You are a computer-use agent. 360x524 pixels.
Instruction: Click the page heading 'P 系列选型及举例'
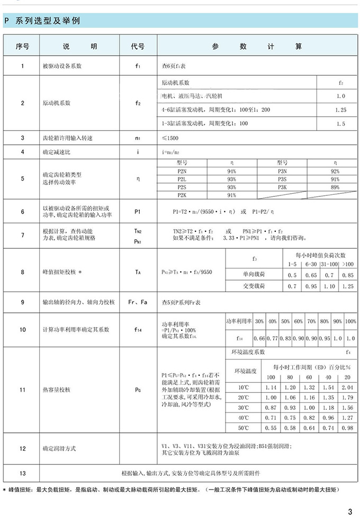43,21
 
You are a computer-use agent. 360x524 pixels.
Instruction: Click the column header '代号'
138,46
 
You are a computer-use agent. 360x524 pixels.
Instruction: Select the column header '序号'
22,46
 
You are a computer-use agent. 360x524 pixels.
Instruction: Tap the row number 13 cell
22,472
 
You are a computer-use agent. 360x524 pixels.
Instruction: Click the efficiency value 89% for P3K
334,187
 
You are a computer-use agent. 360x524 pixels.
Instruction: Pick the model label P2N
182,171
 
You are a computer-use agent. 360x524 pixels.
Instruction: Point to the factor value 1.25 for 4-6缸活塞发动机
340,110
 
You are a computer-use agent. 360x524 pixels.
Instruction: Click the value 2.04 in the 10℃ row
347,387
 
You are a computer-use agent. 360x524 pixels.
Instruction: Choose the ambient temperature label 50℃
243,427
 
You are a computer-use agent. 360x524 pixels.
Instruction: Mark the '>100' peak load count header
348,263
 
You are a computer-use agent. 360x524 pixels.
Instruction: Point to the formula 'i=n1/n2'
172,152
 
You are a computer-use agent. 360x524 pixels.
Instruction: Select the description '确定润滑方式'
59,449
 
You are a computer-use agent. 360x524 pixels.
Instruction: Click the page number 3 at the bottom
350,511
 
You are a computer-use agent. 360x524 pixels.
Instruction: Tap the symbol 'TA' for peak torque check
138,272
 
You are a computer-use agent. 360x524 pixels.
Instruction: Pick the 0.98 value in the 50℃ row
347,427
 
